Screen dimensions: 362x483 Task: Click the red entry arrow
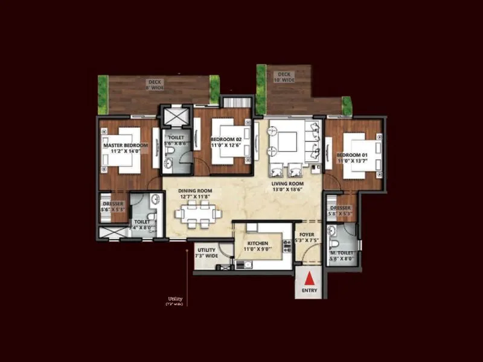tap(309, 279)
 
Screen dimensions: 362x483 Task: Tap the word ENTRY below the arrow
tap(309, 290)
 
